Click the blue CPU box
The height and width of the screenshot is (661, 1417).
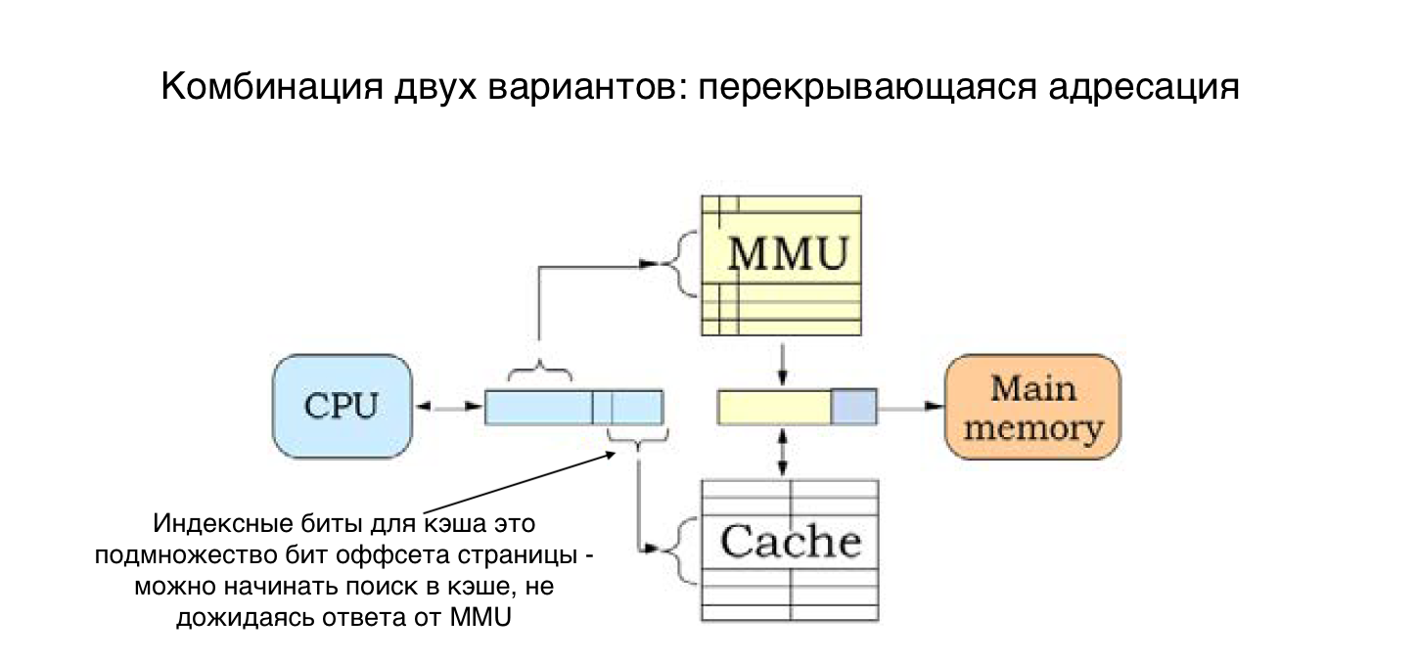coord(343,407)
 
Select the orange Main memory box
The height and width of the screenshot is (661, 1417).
coord(1032,407)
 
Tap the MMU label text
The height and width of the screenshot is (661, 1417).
coord(788,254)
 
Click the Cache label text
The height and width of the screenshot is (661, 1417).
coord(791,542)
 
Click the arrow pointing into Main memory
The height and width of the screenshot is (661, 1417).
coord(911,406)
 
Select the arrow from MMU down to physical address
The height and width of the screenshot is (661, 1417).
coord(783,365)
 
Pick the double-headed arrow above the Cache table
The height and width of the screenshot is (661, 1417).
coord(783,452)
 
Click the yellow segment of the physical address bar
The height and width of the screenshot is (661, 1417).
coord(774,407)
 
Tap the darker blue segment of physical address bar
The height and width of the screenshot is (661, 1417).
coord(854,407)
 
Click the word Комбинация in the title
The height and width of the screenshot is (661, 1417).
coord(272,87)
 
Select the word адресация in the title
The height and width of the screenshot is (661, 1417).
coord(1144,88)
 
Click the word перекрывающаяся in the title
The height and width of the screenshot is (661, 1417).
coord(867,88)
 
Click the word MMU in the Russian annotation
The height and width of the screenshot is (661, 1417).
coord(480,617)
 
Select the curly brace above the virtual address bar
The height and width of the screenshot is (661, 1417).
coord(539,371)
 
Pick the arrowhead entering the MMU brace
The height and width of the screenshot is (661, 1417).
coord(651,263)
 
